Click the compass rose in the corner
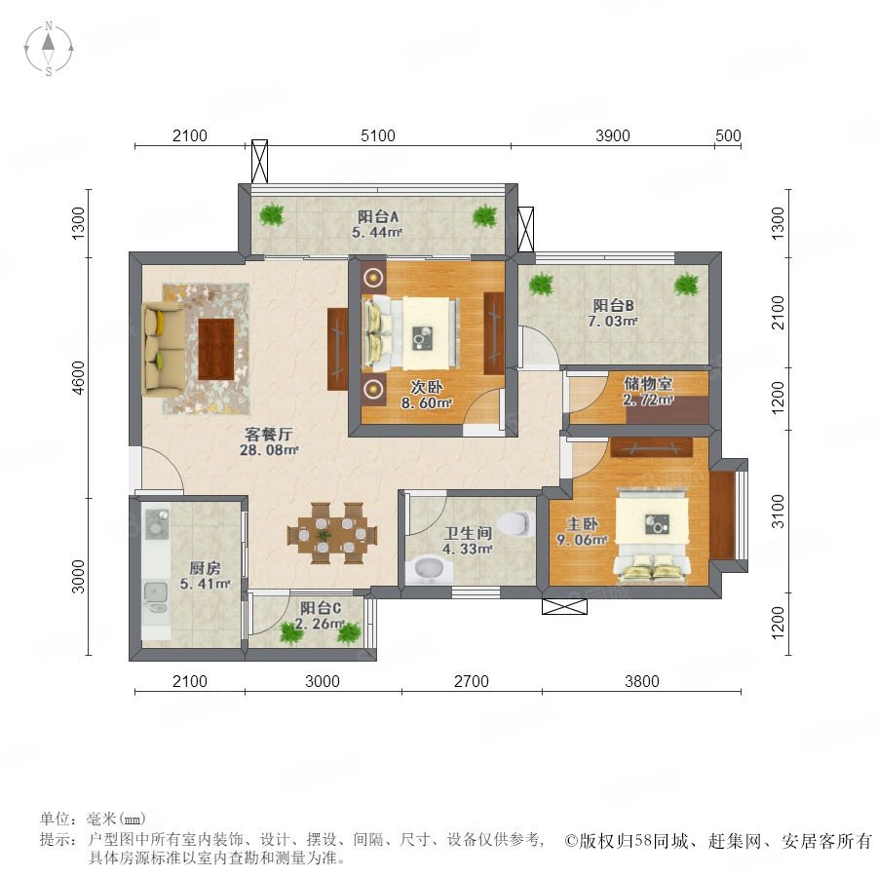tap(49, 49)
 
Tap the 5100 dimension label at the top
tap(378, 135)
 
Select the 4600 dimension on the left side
tap(78, 377)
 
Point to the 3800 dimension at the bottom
tap(642, 681)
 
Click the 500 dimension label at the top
tap(728, 135)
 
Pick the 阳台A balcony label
tap(378, 216)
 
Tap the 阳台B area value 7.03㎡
tap(613, 321)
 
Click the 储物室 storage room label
tap(648, 383)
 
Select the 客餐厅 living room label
tap(269, 434)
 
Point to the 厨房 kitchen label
tap(205, 568)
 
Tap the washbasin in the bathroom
tap(429, 570)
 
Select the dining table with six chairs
tap(333, 534)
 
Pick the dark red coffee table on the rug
tap(216, 349)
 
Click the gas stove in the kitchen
tap(157, 523)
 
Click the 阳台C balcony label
tap(321, 608)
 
